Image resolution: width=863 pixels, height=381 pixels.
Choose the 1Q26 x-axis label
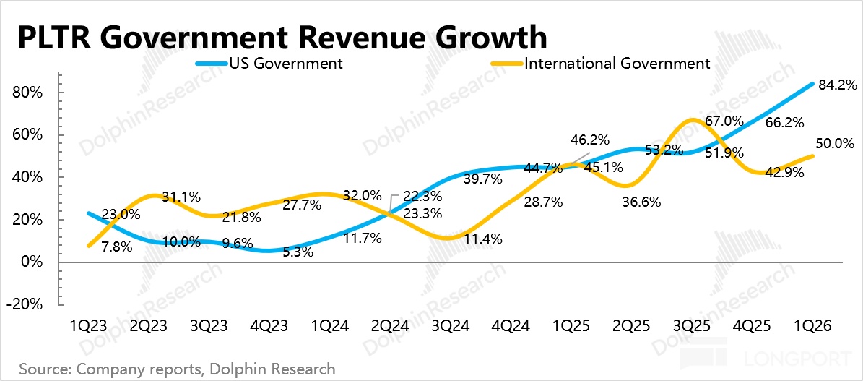(x=815, y=326)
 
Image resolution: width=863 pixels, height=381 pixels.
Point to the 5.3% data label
(x=297, y=252)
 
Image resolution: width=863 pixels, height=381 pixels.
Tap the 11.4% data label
(x=482, y=239)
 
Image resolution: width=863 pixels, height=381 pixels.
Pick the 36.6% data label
(x=641, y=203)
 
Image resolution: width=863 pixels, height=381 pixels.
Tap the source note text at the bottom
(x=177, y=368)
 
